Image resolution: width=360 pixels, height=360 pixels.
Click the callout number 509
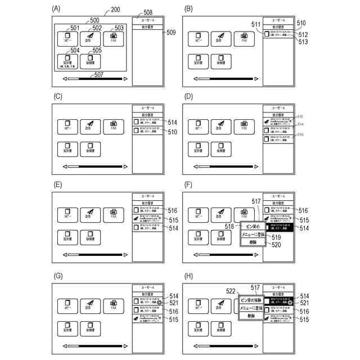(172, 33)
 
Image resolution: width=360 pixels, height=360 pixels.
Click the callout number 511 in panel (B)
(256, 25)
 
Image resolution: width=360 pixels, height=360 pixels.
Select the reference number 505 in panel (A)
(97, 50)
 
